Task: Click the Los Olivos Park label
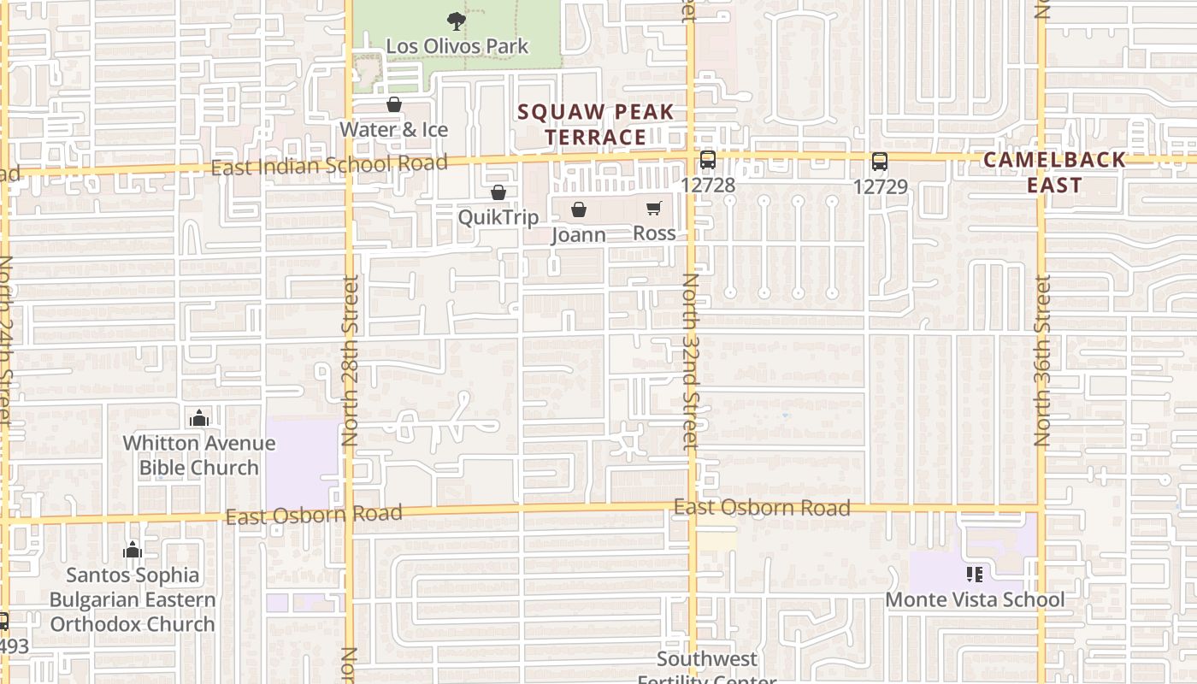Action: (457, 46)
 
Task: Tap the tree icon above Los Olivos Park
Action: (457, 21)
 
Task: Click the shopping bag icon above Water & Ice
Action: (394, 105)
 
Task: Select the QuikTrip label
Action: (498, 217)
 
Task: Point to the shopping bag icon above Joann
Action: (579, 209)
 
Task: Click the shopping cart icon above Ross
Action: (654, 208)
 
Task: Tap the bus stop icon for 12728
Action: (708, 160)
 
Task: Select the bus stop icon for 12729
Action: (880, 162)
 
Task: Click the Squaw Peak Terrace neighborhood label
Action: (596, 125)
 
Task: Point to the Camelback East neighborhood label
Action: (1055, 172)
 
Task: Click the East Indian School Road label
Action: (329, 165)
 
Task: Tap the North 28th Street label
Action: (350, 360)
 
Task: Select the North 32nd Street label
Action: (691, 361)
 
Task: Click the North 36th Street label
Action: (1041, 360)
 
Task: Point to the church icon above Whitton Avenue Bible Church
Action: (199, 418)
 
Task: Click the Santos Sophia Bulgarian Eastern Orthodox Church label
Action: (133, 599)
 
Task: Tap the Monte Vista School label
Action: (975, 599)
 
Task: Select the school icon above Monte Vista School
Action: (974, 575)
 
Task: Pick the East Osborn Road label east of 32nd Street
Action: (762, 508)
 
